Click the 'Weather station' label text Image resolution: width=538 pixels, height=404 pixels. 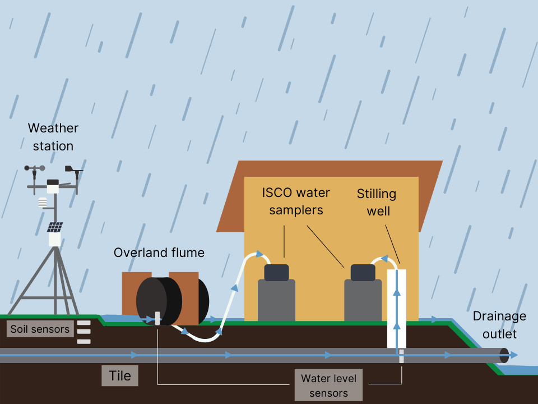tap(53, 137)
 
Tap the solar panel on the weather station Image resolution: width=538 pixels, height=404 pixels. tap(54, 227)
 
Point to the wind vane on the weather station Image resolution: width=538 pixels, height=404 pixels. tap(73, 168)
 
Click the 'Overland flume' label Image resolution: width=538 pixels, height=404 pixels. tap(159, 253)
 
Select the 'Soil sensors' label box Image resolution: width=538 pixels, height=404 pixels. tap(40, 329)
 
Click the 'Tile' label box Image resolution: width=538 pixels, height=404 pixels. tap(120, 375)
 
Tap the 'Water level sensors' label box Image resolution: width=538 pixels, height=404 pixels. tap(328, 385)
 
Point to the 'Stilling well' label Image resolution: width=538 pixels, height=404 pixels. tap(377, 202)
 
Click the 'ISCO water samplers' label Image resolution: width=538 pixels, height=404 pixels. tap(296, 201)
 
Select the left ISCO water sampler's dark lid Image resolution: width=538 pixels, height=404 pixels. tap(276, 272)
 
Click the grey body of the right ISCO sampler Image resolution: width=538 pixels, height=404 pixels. tap(363, 300)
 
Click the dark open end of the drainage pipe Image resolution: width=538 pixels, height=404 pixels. tap(504, 355)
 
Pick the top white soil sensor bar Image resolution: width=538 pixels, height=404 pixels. tap(84, 323)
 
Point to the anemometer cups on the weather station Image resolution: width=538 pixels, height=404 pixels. tap(34, 168)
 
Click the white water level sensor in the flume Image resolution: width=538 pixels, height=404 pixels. tap(157, 318)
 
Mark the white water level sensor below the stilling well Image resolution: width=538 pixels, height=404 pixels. tap(401, 356)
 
